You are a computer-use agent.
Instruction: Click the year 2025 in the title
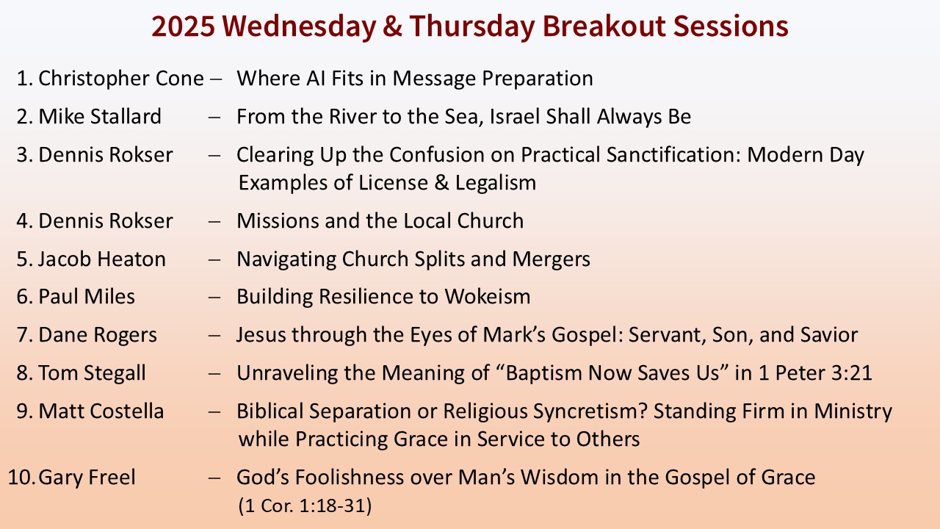pos(183,26)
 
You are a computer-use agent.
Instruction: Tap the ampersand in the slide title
pos(392,26)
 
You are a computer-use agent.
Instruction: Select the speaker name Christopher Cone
pos(121,79)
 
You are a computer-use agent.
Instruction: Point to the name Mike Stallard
pos(100,116)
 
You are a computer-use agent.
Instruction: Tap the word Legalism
pos(496,183)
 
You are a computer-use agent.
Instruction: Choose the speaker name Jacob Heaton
pos(102,259)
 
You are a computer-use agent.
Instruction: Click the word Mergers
pos(551,259)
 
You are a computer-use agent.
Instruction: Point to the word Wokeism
pos(488,296)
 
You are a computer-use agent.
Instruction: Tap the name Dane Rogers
pos(98,335)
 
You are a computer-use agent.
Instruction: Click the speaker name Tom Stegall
pos(92,373)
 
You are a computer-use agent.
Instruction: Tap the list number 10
pos(21,478)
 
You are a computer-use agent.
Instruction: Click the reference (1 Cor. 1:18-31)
pos(305,505)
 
